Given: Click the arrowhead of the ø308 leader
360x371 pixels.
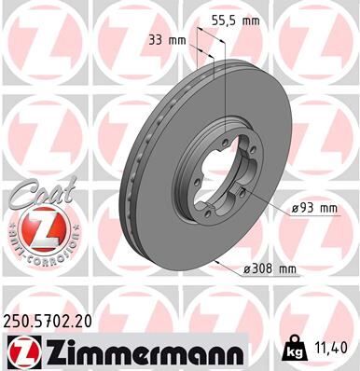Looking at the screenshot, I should click(216, 262).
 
